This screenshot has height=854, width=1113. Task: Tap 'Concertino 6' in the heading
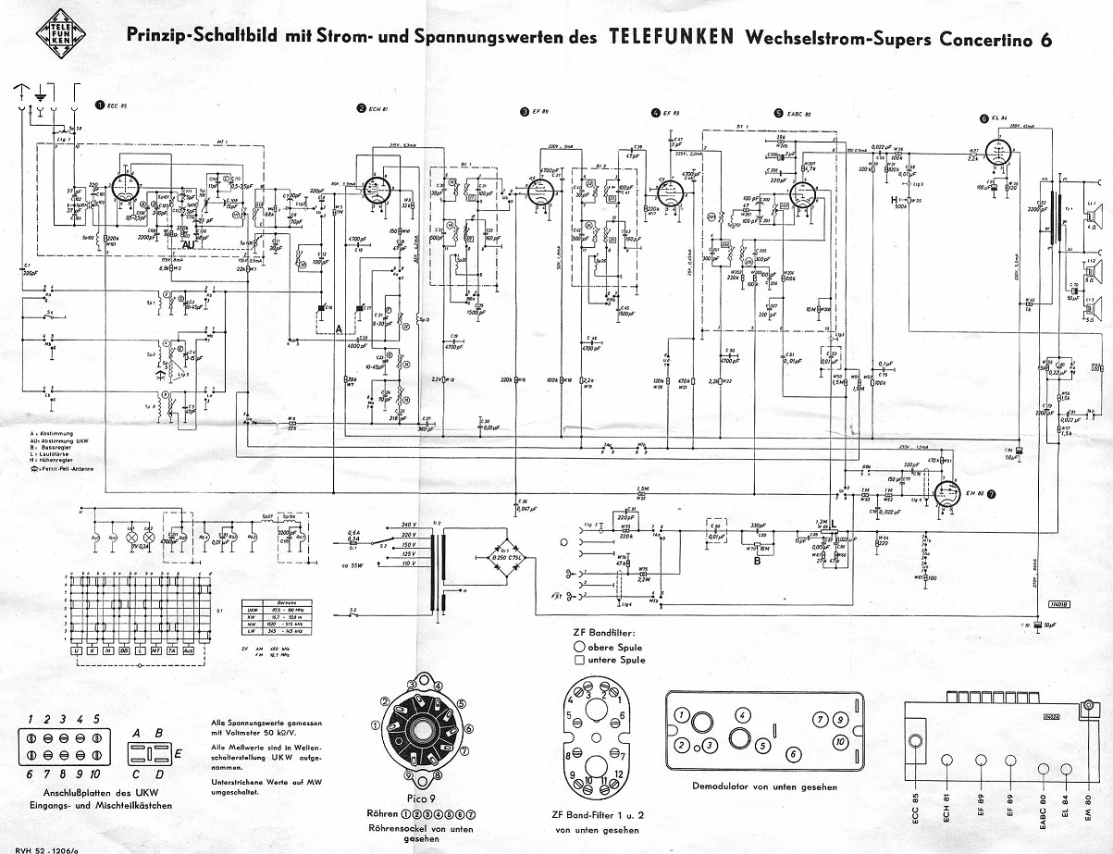986,39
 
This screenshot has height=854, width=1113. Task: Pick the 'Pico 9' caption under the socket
420,798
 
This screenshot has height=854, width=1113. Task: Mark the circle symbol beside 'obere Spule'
580,646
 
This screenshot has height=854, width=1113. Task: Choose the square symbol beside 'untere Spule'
580,660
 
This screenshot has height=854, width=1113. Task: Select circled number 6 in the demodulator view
792,754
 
